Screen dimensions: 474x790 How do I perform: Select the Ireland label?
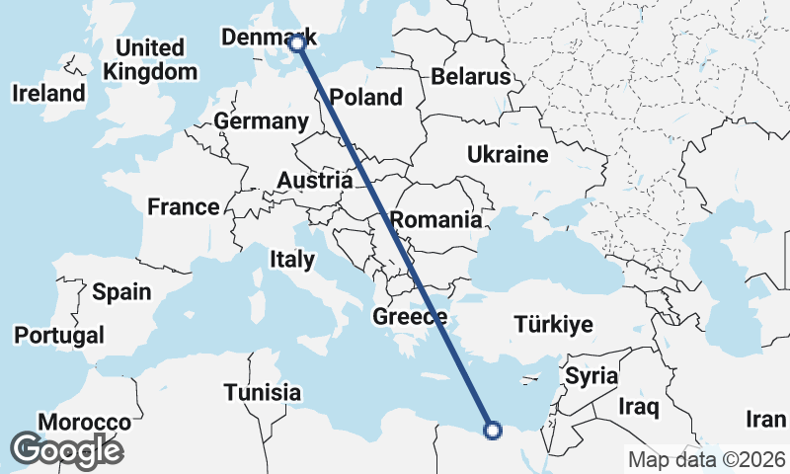click(x=48, y=94)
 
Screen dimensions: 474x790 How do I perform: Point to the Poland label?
click(x=366, y=97)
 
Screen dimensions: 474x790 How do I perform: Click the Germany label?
click(x=261, y=120)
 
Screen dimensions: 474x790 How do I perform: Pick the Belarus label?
click(x=470, y=76)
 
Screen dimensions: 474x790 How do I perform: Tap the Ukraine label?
click(x=507, y=155)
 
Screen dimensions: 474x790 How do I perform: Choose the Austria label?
click(x=315, y=181)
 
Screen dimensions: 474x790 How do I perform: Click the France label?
click(x=183, y=206)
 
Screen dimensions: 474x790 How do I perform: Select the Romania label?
click(x=435, y=219)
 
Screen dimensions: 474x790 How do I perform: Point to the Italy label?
click(x=291, y=260)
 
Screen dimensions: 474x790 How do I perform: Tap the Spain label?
click(x=121, y=291)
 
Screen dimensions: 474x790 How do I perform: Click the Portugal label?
click(x=58, y=335)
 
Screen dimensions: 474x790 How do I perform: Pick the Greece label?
click(x=410, y=317)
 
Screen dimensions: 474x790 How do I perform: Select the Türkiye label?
click(x=553, y=324)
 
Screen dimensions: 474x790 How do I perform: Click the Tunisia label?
click(x=262, y=392)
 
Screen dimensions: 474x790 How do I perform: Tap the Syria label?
click(x=592, y=376)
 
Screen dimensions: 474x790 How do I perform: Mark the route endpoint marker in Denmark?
click(x=297, y=42)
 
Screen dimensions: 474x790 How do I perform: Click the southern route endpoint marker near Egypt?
click(x=493, y=429)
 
